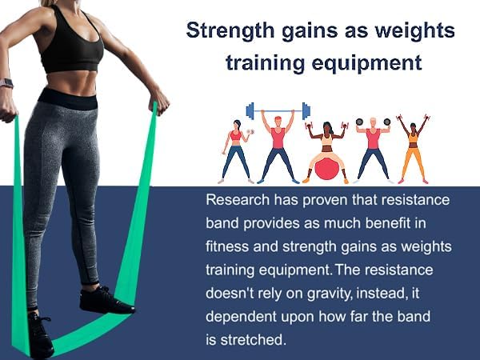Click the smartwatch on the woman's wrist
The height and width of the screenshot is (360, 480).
tap(6, 83)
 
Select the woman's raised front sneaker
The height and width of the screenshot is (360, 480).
tap(105, 300)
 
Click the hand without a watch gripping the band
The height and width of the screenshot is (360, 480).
tap(158, 102)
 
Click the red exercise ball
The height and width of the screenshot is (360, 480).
tap(326, 169)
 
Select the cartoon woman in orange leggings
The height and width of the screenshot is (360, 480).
tap(413, 148)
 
